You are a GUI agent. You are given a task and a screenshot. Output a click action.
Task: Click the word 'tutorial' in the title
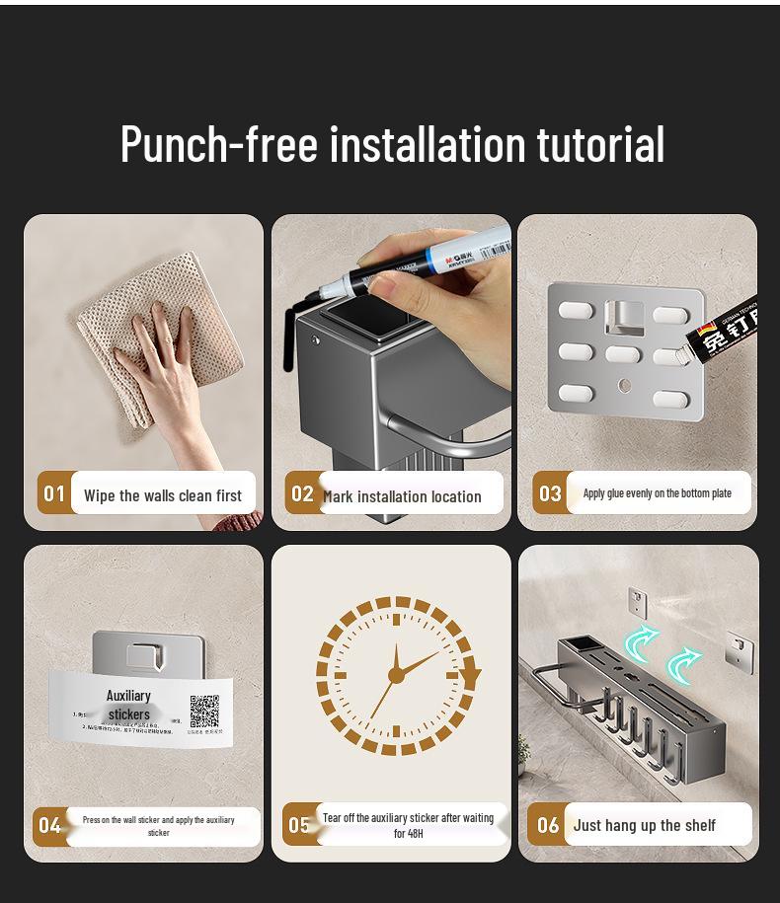pos(600,144)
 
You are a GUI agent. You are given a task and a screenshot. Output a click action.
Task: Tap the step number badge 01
pos(54,493)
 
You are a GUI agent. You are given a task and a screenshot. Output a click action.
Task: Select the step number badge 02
pos(302,493)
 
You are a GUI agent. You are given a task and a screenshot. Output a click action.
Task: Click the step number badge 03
pos(550,493)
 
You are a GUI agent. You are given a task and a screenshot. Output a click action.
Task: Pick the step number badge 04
pos(49,825)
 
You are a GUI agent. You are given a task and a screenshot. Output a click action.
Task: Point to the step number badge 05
pos(299,825)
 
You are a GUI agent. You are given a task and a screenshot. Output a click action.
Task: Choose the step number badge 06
pos(548,825)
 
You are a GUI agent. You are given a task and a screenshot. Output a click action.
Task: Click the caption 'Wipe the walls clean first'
pos(163,495)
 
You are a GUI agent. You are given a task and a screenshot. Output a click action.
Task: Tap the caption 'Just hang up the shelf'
pos(644,825)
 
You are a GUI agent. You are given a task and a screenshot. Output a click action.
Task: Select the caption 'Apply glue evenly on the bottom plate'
pos(657,493)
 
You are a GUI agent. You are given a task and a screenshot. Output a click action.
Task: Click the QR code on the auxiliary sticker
pos(204,711)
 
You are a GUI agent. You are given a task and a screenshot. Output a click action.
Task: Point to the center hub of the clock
pos(396,675)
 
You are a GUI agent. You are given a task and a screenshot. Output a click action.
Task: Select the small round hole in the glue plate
pos(623,383)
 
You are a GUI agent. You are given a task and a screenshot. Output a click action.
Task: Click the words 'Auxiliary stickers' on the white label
pos(128,705)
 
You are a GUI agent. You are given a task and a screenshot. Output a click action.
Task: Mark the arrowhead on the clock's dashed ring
pos(471,678)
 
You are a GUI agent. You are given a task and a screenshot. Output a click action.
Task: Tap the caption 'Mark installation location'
pos(403,496)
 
